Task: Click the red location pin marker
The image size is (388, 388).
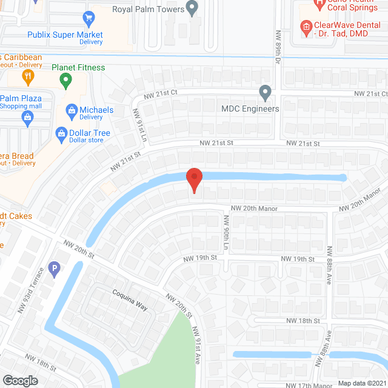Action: [x=193, y=181]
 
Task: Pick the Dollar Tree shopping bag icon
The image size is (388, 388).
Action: [x=61, y=133]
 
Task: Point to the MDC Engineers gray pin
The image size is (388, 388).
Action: [x=265, y=93]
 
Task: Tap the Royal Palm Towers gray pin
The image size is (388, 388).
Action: [x=193, y=8]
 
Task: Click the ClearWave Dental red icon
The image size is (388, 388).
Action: [x=306, y=26]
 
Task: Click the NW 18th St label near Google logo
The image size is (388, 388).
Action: [x=40, y=361]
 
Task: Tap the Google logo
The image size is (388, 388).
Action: [x=20, y=380]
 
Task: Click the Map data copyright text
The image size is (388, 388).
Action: [x=361, y=383]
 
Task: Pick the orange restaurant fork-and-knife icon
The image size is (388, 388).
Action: [x=27, y=76]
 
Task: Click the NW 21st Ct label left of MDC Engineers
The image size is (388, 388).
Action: [x=160, y=94]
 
